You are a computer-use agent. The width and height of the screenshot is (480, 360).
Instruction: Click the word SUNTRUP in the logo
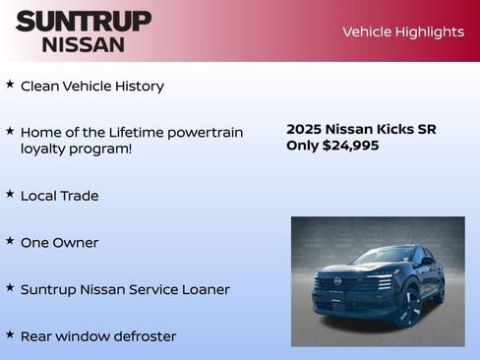(84, 20)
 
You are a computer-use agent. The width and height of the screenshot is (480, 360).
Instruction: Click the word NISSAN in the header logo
(84, 44)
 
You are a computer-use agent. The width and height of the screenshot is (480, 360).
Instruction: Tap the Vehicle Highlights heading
(402, 31)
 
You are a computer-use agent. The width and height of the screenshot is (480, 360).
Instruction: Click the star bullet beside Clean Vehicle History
(10, 85)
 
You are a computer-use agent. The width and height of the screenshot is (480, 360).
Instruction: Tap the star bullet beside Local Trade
(10, 194)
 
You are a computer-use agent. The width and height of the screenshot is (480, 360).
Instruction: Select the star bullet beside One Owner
(10, 240)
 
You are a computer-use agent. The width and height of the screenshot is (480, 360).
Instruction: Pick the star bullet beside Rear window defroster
(10, 334)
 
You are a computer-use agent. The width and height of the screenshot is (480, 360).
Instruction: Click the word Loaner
(204, 289)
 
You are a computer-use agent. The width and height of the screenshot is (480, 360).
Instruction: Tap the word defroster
(144, 336)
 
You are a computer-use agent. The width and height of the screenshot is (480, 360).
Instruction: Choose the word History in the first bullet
(138, 86)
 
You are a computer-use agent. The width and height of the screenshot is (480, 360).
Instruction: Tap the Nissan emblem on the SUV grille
(337, 281)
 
